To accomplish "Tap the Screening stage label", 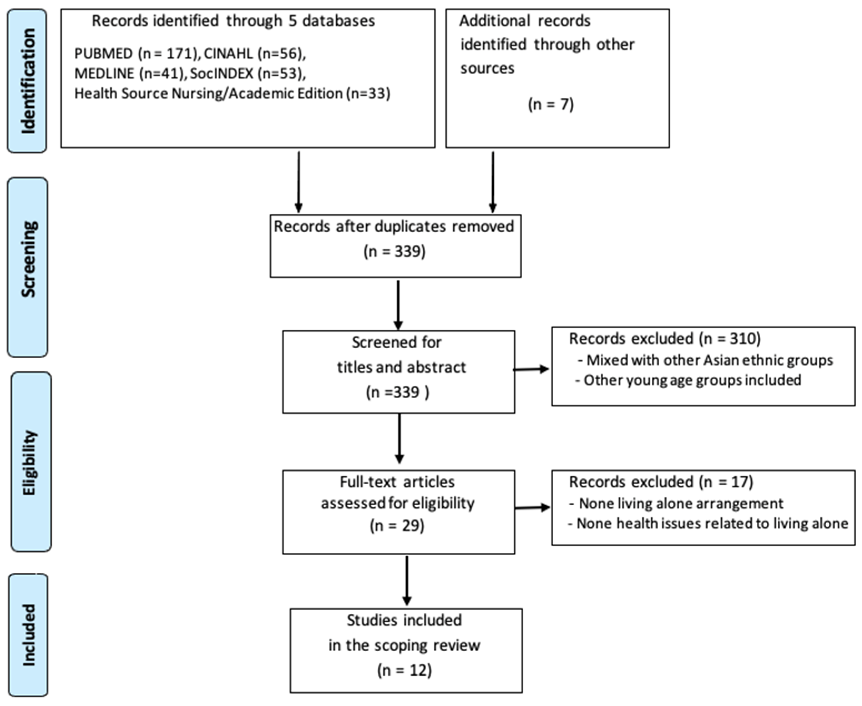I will coord(28,259).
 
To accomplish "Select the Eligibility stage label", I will coord(31,462).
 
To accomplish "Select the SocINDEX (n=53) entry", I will coord(247,73).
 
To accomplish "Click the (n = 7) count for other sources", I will coord(550,105).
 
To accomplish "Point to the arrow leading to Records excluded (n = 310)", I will coord(531,369).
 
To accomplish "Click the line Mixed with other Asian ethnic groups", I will coord(706,360).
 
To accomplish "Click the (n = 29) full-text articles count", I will coord(397,526).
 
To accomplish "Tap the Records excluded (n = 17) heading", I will coord(661,482).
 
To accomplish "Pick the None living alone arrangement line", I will coord(676,503).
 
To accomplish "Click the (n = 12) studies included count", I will coord(404,670).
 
